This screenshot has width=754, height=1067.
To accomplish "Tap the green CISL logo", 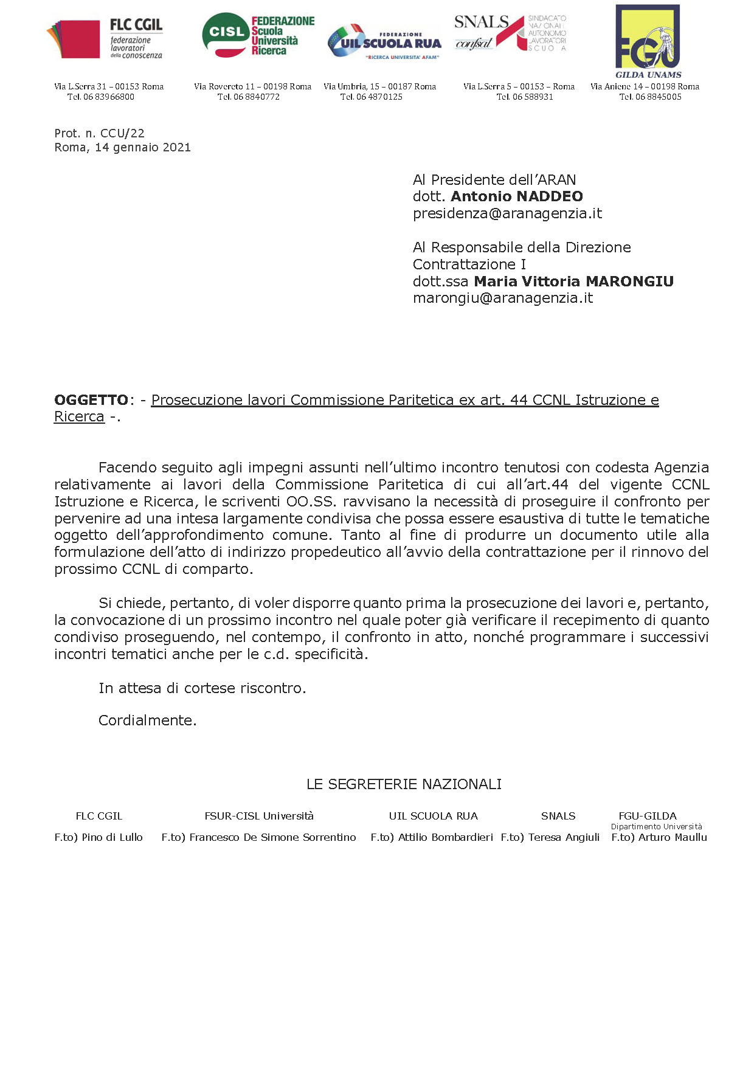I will pyautogui.click(x=258, y=36).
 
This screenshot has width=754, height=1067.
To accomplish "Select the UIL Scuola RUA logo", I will pyautogui.click(x=384, y=42).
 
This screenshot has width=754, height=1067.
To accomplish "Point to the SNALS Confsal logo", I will pyautogui.click(x=510, y=33).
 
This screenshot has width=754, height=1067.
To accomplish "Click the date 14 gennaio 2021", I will pyautogui.click(x=142, y=147).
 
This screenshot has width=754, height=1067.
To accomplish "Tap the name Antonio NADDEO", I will pyautogui.click(x=516, y=196).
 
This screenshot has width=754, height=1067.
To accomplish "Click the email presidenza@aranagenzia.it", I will pyautogui.click(x=507, y=213).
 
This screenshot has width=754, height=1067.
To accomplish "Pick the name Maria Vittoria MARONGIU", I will pyautogui.click(x=573, y=281).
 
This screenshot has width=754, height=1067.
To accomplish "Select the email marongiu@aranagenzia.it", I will pyautogui.click(x=502, y=298).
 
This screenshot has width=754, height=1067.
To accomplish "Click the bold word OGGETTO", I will pyautogui.click(x=91, y=400).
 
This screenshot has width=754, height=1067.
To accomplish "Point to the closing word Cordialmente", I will pyautogui.click(x=147, y=720).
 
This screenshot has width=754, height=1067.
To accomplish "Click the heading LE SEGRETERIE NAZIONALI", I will pyautogui.click(x=404, y=784).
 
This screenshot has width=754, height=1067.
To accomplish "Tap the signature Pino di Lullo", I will pyautogui.click(x=112, y=837).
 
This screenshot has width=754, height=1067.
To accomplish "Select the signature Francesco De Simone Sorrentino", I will pyautogui.click(x=272, y=837).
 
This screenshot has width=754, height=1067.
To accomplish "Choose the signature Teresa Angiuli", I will pyautogui.click(x=564, y=837).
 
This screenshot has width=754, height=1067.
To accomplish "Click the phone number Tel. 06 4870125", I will pyautogui.click(x=371, y=97).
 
